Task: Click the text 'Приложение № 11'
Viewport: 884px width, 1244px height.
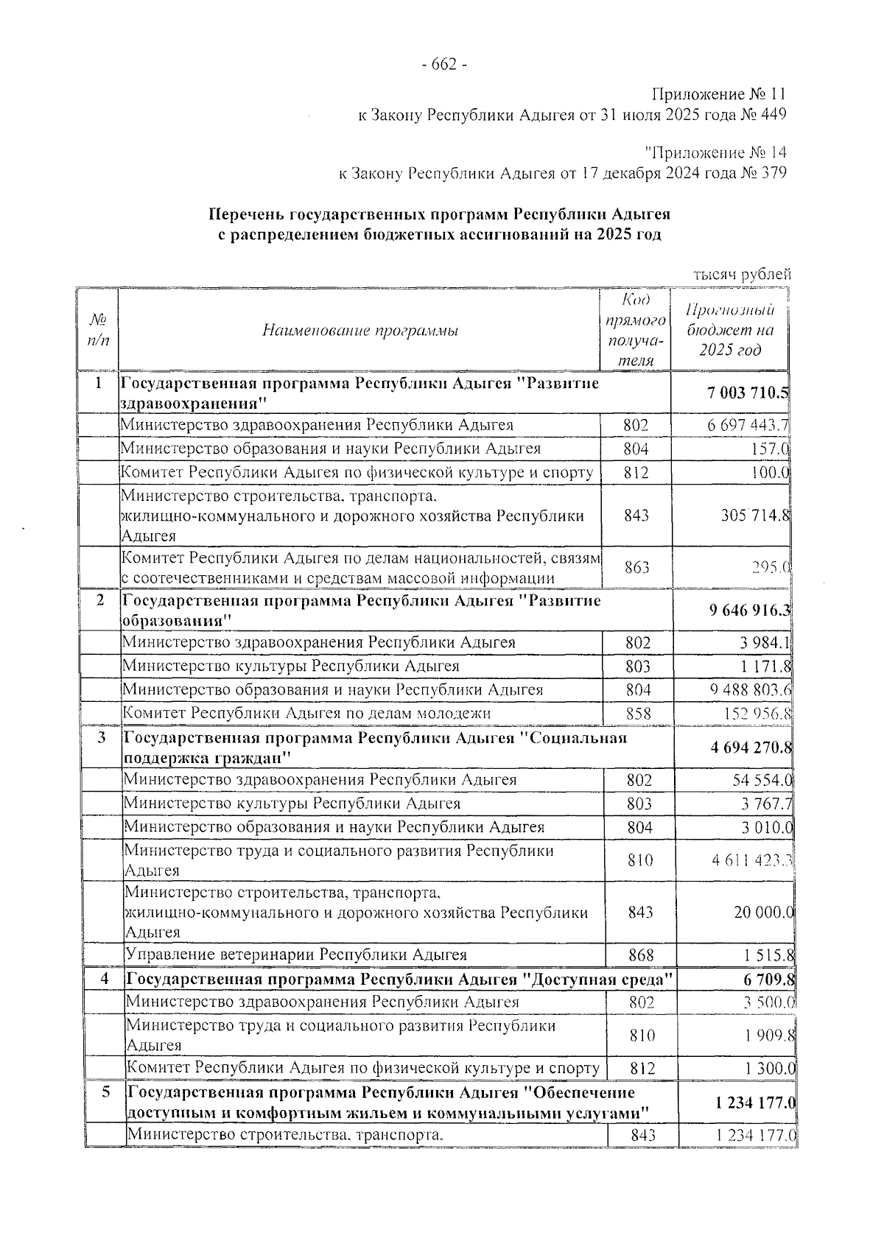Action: pyautogui.click(x=719, y=95)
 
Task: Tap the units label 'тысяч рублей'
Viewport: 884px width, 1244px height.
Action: pyautogui.click(x=742, y=274)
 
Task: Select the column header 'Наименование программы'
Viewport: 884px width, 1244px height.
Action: pyautogui.click(x=360, y=331)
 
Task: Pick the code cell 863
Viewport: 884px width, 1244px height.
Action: pyautogui.click(x=636, y=567)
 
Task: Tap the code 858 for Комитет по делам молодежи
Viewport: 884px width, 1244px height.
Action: pyautogui.click(x=638, y=713)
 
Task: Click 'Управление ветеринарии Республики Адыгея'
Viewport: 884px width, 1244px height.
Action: pyautogui.click(x=297, y=955)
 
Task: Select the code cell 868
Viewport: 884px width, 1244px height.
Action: pyautogui.click(x=641, y=955)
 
